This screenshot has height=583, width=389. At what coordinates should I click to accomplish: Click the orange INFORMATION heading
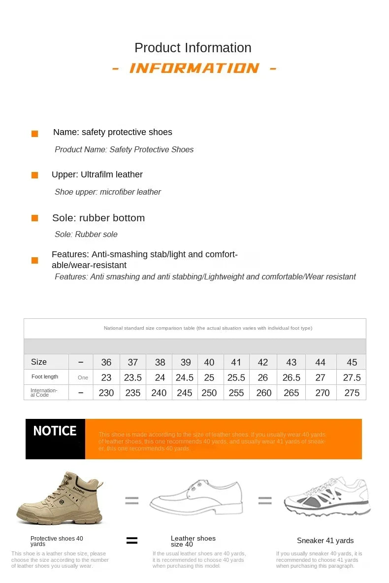coord(194,68)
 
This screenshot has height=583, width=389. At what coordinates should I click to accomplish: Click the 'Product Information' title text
coord(193,48)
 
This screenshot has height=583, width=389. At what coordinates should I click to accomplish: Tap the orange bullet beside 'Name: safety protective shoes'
coord(34,134)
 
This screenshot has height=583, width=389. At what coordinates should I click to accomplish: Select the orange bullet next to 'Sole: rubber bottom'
coord(34,218)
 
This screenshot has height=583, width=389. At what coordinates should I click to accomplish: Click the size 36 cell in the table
coord(106,362)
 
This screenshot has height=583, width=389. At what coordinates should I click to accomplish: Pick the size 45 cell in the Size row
coord(352,362)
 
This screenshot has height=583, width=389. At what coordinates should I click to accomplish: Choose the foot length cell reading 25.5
coord(236,377)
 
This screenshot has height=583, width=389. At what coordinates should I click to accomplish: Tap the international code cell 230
coord(106,393)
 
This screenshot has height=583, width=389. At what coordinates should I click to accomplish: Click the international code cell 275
coord(352,393)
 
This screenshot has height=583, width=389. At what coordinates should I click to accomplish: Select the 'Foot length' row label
coord(45,377)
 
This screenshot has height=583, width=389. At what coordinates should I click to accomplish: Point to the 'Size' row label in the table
coord(39,362)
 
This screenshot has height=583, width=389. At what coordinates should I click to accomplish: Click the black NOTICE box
coord(55,439)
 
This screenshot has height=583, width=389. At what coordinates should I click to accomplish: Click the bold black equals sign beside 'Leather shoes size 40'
coord(132,541)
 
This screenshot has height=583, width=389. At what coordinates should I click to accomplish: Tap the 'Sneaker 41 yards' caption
coord(325,541)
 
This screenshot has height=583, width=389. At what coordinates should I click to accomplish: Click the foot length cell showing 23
coord(106,377)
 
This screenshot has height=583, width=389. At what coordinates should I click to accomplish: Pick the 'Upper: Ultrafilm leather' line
coord(97,174)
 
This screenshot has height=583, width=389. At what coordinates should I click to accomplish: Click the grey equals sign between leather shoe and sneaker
coord(265,501)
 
